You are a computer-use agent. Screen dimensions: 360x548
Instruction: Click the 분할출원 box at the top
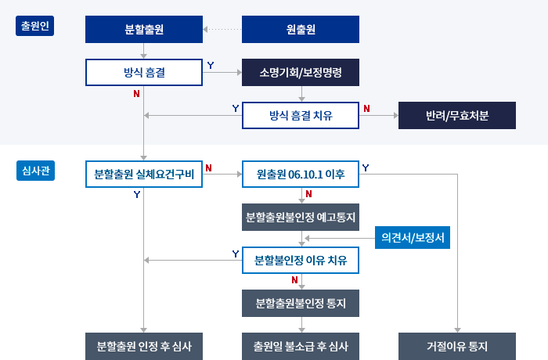pos(144,31)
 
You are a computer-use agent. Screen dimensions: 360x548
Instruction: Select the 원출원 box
pos(301,31)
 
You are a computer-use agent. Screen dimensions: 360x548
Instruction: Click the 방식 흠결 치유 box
pos(301,115)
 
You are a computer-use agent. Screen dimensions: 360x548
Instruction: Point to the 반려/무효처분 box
pos(457,115)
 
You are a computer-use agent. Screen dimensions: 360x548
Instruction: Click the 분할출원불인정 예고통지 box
pos(301,217)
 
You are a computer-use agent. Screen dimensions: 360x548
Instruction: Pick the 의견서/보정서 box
pos(413,237)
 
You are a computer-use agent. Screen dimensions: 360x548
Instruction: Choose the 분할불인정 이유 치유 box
pos(301,259)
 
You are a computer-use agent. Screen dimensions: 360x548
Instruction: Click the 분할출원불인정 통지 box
pos(301,302)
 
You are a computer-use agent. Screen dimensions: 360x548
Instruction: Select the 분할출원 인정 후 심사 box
pos(144,346)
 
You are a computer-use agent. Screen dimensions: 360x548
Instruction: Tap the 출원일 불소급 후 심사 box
pos(301,346)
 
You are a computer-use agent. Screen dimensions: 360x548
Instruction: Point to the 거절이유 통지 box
pos(457,346)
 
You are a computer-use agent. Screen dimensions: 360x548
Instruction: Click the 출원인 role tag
pos(34,26)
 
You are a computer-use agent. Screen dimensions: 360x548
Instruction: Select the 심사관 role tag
pos(34,171)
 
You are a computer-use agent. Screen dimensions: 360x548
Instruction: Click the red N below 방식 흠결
pos(137,94)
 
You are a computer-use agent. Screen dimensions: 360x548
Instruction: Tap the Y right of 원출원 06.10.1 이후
pos(366,167)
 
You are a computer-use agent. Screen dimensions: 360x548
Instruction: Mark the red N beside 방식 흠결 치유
pos(366,108)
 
